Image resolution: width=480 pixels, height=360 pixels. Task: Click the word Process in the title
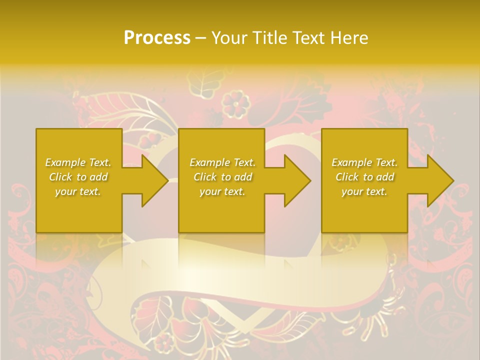click(157, 38)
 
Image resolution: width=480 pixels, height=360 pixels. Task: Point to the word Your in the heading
click(229, 38)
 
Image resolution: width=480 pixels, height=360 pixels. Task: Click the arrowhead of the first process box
click(152, 180)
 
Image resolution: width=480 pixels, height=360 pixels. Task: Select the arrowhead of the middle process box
click(295, 180)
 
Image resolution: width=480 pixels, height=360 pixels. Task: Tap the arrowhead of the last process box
click(438, 180)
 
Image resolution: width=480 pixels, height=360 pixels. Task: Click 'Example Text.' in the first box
click(78, 162)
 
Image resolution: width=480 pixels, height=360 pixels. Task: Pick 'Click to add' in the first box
click(78, 177)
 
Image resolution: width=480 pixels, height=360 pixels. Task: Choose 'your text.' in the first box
click(78, 191)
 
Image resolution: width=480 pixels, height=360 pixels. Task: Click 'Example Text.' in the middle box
click(222, 162)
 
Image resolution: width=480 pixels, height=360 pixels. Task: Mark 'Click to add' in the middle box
click(222, 177)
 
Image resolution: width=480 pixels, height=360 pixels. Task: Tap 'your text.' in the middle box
click(222, 191)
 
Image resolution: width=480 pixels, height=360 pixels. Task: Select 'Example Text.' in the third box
click(364, 162)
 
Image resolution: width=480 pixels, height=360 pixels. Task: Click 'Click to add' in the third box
click(364, 177)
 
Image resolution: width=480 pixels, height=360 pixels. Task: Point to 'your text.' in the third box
click(364, 191)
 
